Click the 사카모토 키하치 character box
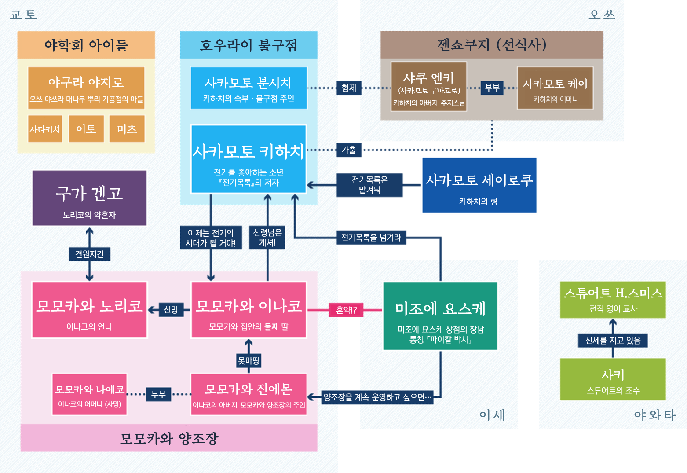point(248,159)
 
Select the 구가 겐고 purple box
point(89,198)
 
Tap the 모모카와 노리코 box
point(89,310)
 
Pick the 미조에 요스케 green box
point(440,316)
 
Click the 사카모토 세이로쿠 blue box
point(479,185)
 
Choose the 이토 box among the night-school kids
point(86,129)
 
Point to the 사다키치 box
point(45,129)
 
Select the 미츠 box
point(127,129)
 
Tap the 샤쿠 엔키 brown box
point(429,87)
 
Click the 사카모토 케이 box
point(555,88)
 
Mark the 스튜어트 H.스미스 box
point(613,300)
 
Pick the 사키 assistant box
point(613,379)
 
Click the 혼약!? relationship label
point(346,310)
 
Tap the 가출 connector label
point(349,150)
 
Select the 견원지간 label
point(89,254)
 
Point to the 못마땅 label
point(248,361)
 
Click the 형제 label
point(349,88)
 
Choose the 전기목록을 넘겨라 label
point(371,238)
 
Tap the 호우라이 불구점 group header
point(248,45)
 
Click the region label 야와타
point(654,415)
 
